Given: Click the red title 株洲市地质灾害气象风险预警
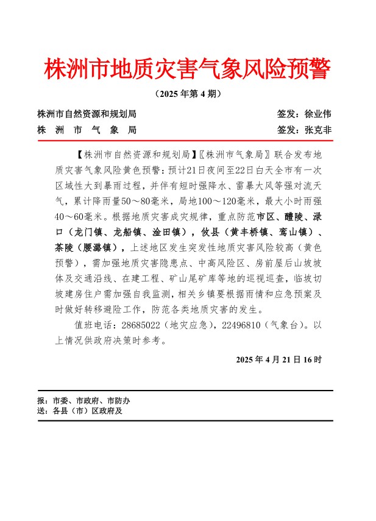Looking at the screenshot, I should pos(187,70).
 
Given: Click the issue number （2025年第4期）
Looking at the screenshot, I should pos(188,94).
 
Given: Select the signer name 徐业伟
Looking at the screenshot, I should pos(317,114).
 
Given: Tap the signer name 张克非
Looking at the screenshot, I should pos(317,130).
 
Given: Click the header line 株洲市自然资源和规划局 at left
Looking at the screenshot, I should pos(87,114).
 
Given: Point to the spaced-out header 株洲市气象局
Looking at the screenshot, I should pos(87,130).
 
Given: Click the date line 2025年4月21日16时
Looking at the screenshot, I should pos(278,360).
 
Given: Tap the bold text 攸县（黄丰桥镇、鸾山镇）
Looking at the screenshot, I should pos(260,232).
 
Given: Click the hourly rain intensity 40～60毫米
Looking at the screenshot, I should pos(79,216).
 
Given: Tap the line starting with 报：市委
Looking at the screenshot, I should pos(83,401).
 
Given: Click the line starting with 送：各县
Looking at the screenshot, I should pos(80,411).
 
